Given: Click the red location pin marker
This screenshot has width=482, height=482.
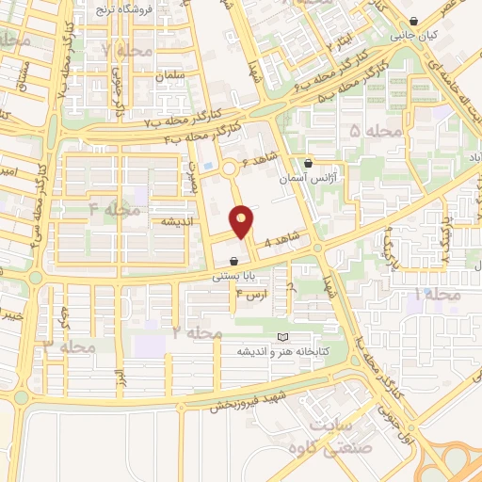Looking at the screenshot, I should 243,221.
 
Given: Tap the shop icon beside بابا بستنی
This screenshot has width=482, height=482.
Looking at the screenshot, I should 233,261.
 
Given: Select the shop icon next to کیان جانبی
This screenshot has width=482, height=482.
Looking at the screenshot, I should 415,23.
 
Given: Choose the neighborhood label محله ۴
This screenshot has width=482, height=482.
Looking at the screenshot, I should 114,208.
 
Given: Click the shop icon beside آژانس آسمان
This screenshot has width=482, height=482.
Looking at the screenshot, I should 308,163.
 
